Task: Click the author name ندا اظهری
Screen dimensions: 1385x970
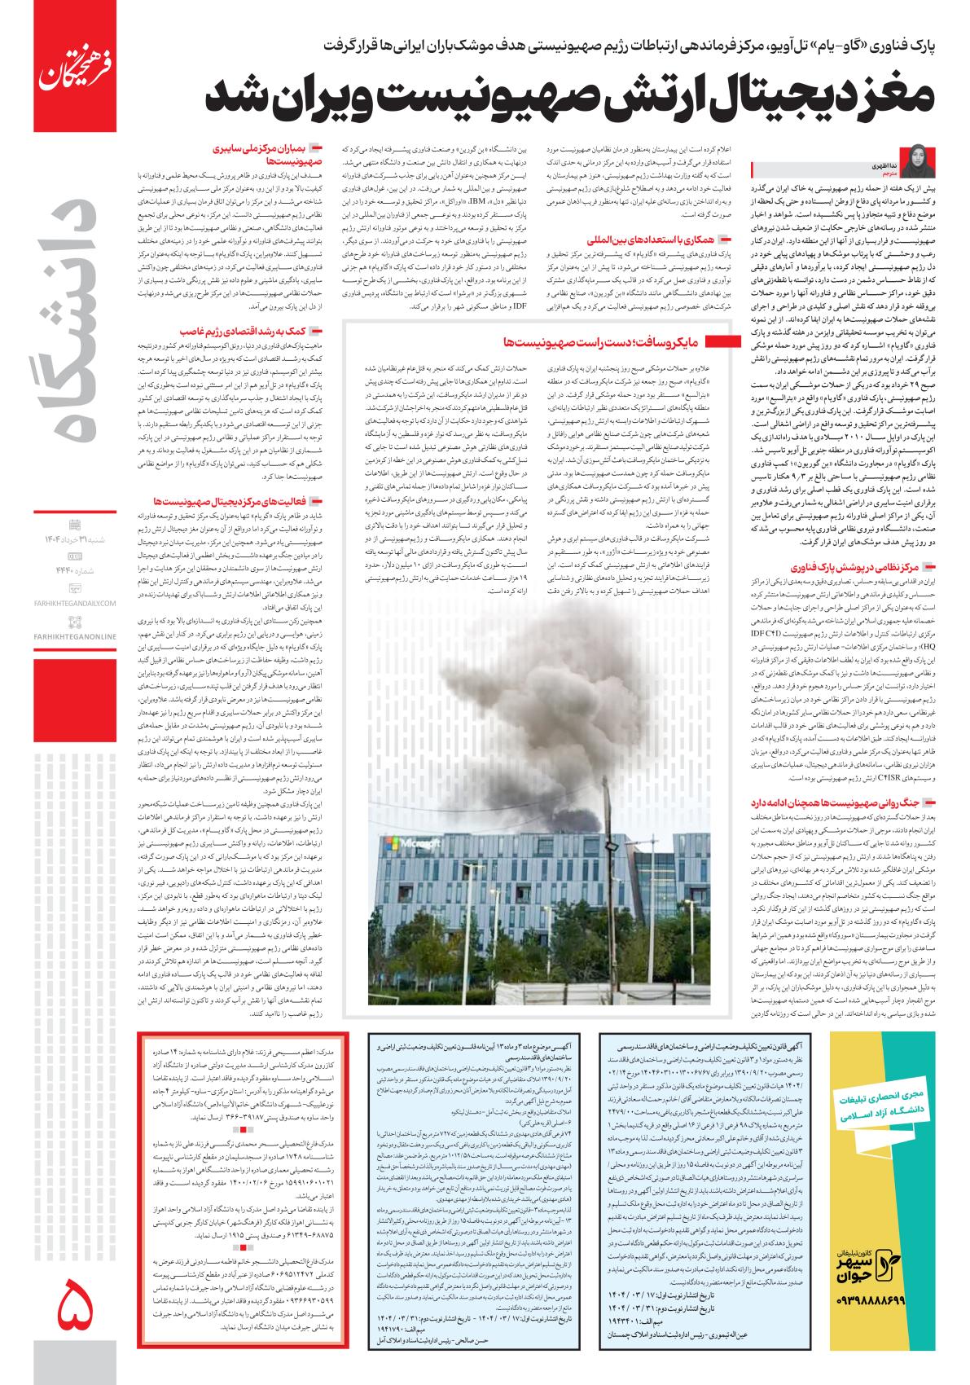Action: [911, 154]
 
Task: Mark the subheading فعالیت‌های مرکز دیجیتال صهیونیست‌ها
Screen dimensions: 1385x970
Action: [233, 501]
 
